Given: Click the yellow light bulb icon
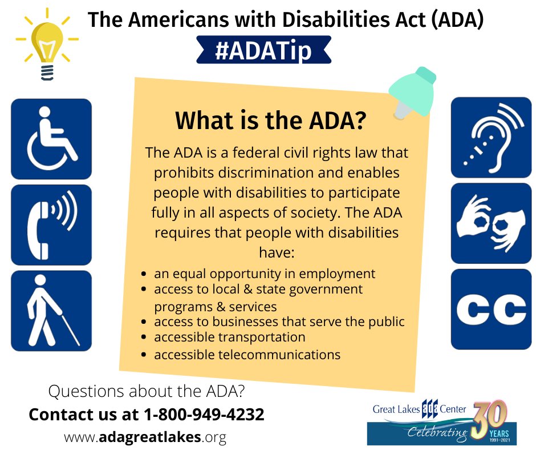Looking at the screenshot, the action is tap(47, 45).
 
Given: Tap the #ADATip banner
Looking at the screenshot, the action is tap(263, 50).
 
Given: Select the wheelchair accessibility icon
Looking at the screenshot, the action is tap(51, 139).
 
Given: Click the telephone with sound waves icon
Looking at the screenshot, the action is tap(51, 225).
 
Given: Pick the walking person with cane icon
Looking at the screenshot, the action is tap(51, 311).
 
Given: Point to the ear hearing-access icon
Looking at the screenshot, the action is tap(491, 137).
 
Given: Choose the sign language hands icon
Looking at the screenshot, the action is tap(491, 223).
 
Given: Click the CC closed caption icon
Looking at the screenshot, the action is tap(491, 310).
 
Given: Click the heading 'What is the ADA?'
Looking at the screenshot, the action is tap(271, 120).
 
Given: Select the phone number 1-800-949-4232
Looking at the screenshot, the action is tap(204, 415).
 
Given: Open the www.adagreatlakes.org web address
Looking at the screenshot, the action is tap(145, 437).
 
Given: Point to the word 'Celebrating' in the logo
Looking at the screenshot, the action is tap(438, 433).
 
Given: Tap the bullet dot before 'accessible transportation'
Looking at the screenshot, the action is tap(144, 337).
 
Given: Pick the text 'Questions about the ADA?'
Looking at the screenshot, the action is tap(147, 391).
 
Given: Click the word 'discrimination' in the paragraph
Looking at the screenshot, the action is tap(266, 172).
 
